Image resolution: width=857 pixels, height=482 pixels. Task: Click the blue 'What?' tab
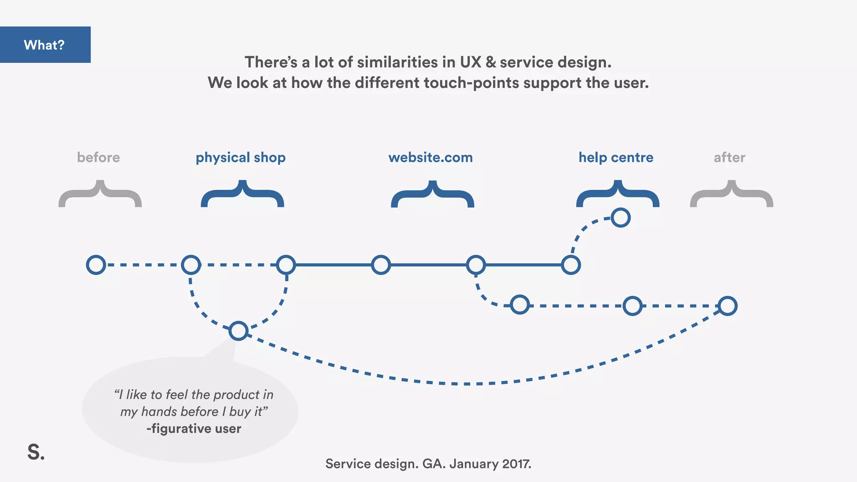pos(45,45)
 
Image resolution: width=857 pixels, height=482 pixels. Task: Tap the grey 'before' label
pos(98,157)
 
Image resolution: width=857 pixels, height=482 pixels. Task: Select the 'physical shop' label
pos(241,158)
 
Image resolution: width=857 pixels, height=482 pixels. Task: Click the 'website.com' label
pos(430,157)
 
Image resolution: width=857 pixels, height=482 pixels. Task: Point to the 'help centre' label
pos(616,157)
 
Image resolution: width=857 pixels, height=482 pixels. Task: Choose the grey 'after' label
pos(729,157)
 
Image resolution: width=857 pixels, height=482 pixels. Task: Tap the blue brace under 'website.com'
pos(432,194)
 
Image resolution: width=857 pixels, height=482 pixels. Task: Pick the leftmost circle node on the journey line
pos(96,265)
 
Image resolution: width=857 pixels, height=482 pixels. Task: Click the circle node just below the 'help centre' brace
pos(620,218)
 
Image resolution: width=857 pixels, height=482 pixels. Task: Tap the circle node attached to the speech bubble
pos(239,331)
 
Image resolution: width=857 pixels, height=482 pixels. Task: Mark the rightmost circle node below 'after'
pos(727,306)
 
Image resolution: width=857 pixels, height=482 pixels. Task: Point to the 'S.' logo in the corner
pos(36,452)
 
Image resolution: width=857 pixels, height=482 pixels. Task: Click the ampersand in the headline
pos(490,62)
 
